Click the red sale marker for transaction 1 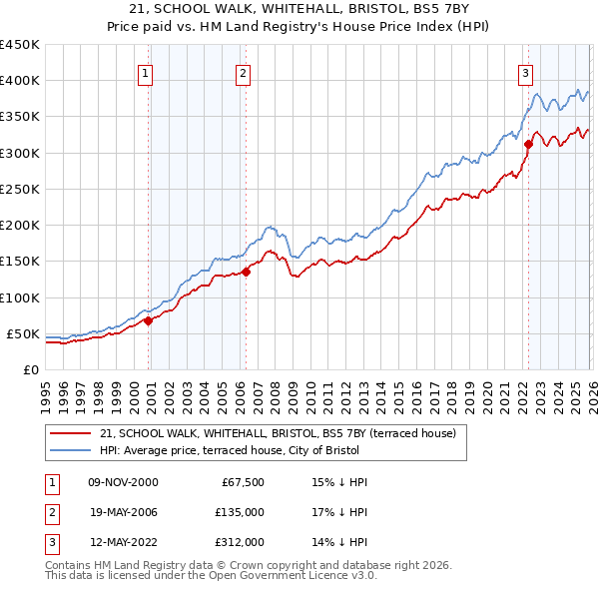[x=148, y=320]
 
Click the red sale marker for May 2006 [x=246, y=272]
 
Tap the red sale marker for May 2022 [x=528, y=144]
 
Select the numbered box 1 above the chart [x=146, y=72]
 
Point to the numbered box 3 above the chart [x=525, y=72]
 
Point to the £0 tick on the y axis [x=30, y=369]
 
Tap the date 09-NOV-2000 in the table [x=123, y=482]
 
